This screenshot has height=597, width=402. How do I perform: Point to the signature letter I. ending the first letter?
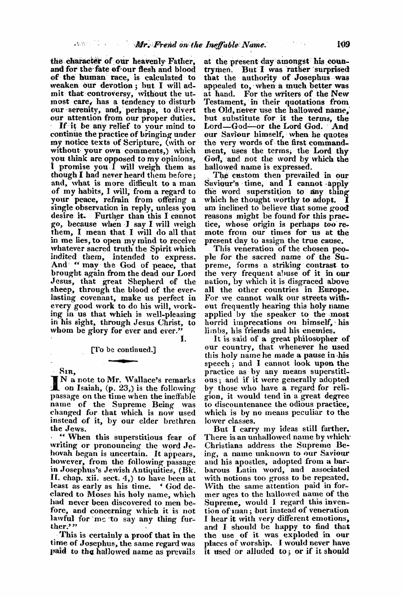[184, 337]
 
